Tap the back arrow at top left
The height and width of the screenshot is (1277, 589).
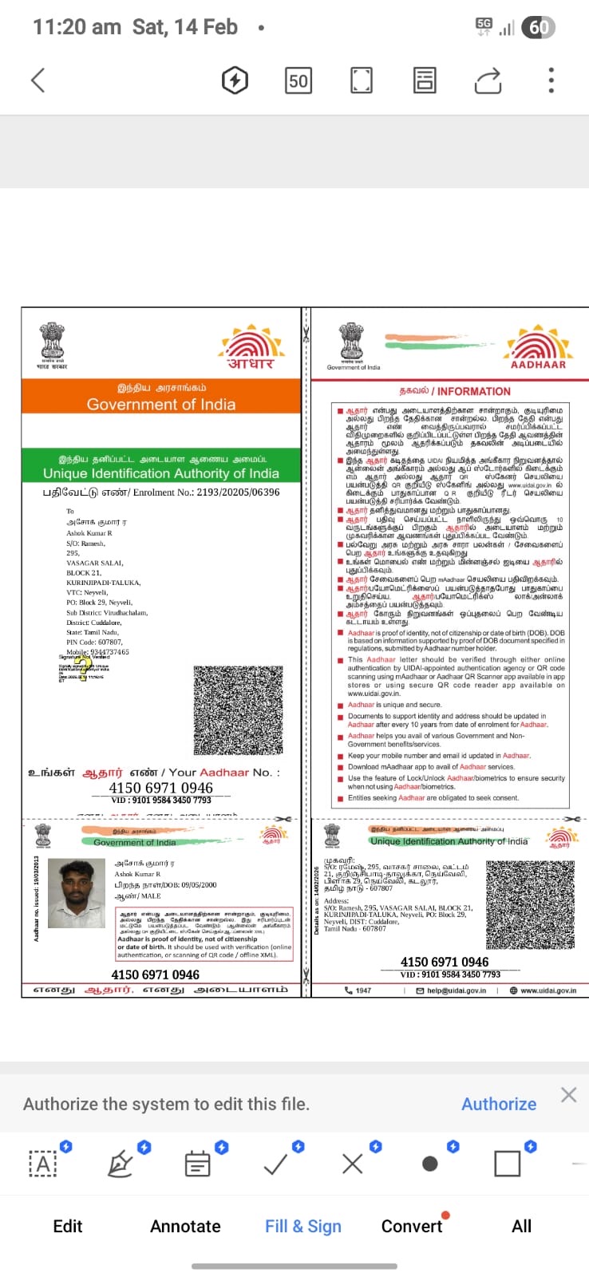pos(38,80)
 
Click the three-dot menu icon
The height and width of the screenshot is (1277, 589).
pos(551,80)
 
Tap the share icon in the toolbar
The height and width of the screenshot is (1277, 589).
pos(488,80)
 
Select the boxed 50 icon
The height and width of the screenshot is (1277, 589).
pos(298,80)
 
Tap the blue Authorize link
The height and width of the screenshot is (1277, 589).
pos(499,1104)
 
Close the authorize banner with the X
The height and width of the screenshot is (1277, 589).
pos(568,1094)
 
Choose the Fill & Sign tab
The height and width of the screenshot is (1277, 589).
pos(302,1226)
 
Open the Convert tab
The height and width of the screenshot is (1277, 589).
pos(412,1226)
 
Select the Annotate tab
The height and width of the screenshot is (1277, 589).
pos(185,1226)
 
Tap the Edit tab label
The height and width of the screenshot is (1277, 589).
pos(68,1226)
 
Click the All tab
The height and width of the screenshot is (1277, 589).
pos(521,1226)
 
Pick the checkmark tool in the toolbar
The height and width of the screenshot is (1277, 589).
pos(275,1164)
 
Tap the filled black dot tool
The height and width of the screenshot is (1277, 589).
pos(429,1164)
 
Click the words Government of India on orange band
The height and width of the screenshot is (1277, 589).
pos(161,404)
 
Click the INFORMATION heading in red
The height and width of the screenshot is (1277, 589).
pos(473,391)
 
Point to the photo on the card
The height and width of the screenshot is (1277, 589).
pos(77,893)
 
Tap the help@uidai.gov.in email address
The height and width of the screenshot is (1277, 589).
pos(456,990)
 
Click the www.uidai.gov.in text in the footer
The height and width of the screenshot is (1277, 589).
pos(548,990)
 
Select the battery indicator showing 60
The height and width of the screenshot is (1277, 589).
pos(538,28)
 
